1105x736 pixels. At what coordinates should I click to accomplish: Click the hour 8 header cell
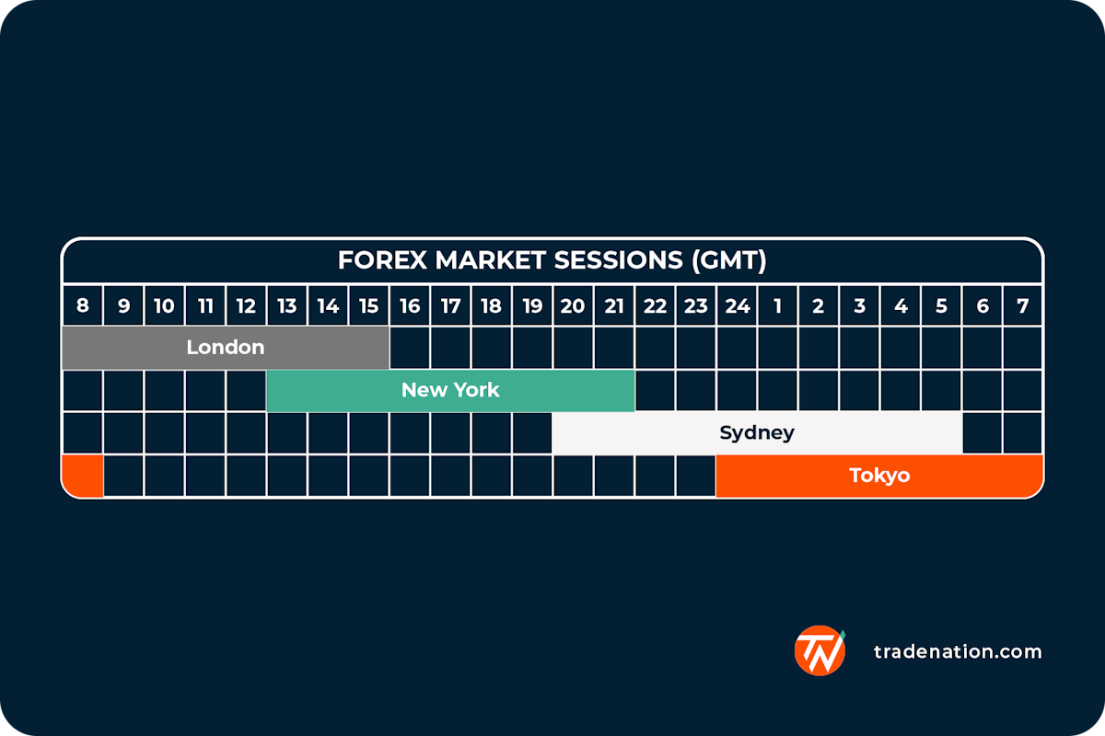pyautogui.click(x=83, y=305)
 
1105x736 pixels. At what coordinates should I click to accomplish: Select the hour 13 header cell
pyautogui.click(x=286, y=305)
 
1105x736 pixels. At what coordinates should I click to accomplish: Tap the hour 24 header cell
pyautogui.click(x=737, y=305)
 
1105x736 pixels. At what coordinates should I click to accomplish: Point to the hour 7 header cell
pyautogui.click(x=1022, y=305)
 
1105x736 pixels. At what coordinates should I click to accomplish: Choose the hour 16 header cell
pyautogui.click(x=410, y=305)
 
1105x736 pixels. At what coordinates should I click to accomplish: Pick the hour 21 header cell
pyautogui.click(x=614, y=305)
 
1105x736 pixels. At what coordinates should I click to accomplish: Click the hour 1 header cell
pyautogui.click(x=777, y=305)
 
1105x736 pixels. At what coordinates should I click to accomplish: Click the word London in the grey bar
pyautogui.click(x=226, y=348)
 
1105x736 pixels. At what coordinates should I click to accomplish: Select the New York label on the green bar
pyautogui.click(x=450, y=390)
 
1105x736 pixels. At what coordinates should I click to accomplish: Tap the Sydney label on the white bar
pyautogui.click(x=757, y=432)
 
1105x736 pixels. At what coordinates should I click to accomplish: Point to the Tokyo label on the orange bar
pyautogui.click(x=879, y=476)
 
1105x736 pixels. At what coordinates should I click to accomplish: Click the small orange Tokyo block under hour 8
pyautogui.click(x=83, y=476)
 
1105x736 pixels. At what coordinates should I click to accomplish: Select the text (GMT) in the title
pyautogui.click(x=728, y=261)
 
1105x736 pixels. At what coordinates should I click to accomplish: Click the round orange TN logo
pyautogui.click(x=820, y=650)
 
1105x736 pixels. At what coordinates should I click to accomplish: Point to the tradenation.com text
pyautogui.click(x=958, y=651)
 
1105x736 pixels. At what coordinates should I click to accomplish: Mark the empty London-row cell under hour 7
pyautogui.click(x=1022, y=348)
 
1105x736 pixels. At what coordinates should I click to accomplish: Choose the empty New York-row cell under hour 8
pyautogui.click(x=83, y=390)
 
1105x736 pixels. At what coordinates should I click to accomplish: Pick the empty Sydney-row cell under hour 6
pyautogui.click(x=982, y=432)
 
